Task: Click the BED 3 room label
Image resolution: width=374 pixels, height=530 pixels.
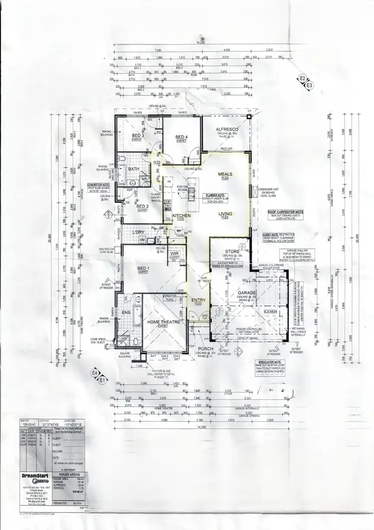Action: [x=138, y=136]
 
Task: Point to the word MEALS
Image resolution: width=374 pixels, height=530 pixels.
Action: [x=225, y=174]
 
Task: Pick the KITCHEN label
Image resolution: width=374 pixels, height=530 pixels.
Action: [x=179, y=215]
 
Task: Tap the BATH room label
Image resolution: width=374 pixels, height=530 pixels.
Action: [x=134, y=169]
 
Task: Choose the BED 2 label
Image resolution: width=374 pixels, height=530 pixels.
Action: [x=143, y=206]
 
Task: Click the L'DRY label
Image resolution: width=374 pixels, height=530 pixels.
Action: [x=138, y=232]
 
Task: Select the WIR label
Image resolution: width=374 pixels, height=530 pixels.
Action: [x=175, y=253]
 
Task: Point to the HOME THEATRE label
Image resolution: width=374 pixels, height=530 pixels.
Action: [x=163, y=323]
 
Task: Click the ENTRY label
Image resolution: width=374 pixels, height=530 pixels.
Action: [x=198, y=300]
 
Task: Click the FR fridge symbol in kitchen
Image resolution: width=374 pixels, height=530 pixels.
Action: [x=169, y=181]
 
